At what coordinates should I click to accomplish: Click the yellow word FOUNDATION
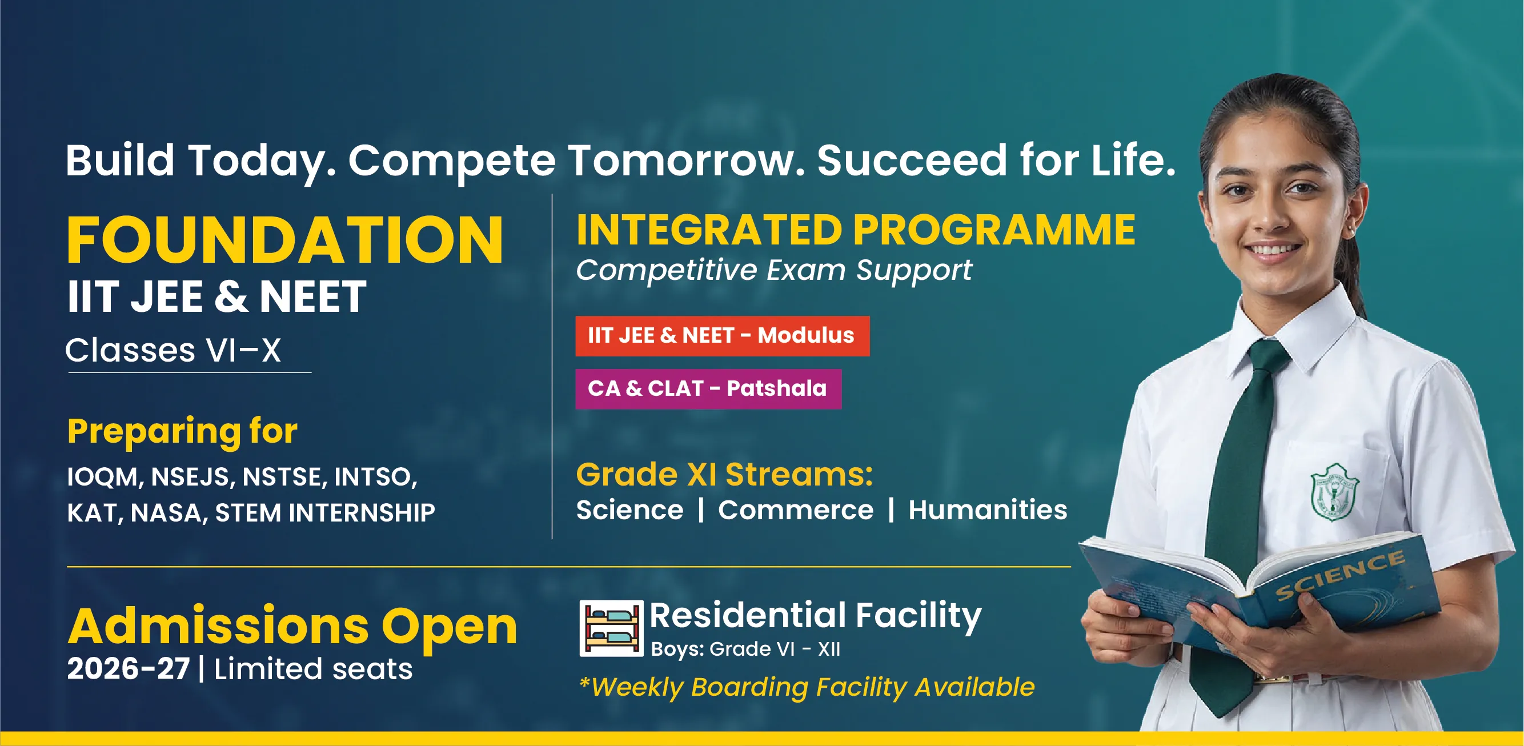click(x=284, y=239)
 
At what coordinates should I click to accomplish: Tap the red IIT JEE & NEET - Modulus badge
click(x=723, y=336)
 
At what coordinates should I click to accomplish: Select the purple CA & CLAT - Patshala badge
click(x=708, y=388)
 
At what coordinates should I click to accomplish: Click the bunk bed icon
click(x=611, y=628)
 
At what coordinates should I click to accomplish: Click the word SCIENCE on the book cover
click(x=1339, y=575)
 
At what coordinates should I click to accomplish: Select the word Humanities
click(x=988, y=510)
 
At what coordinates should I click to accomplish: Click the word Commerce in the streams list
click(x=795, y=510)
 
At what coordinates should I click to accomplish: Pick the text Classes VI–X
click(x=173, y=350)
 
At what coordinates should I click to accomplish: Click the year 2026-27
click(x=128, y=669)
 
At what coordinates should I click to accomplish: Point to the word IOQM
click(x=102, y=477)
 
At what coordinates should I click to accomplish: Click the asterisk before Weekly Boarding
click(x=584, y=683)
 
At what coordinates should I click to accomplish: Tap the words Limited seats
click(x=313, y=669)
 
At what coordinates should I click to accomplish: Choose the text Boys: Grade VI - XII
click(x=745, y=649)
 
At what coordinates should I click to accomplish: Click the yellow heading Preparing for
click(x=182, y=431)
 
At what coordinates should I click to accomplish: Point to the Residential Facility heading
click(x=816, y=616)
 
